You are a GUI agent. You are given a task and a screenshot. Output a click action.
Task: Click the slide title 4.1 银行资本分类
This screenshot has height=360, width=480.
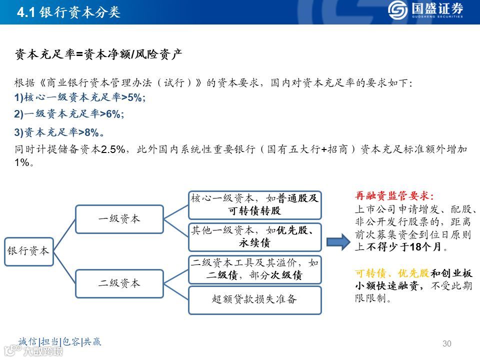click(68, 12)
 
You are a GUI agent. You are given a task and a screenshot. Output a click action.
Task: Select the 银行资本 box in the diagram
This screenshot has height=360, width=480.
click(28, 250)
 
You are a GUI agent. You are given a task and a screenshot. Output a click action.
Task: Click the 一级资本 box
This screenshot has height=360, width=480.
click(119, 218)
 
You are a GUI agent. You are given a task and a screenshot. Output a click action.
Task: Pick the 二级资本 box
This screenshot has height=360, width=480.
click(119, 283)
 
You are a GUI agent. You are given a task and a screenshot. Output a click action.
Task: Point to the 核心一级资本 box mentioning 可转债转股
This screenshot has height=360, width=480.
click(254, 204)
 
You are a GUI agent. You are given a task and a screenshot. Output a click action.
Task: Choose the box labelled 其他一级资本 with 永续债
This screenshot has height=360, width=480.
click(254, 237)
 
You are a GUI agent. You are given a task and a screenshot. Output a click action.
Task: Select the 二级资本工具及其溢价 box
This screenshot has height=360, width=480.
click(254, 269)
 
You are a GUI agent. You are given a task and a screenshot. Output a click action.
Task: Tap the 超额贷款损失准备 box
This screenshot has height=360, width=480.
click(254, 300)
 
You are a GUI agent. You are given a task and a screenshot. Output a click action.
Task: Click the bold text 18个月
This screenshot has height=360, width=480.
click(425, 247)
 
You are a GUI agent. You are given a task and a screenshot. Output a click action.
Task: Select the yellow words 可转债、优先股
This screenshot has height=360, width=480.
click(392, 273)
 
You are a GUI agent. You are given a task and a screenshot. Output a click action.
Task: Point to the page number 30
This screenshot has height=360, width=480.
click(447, 343)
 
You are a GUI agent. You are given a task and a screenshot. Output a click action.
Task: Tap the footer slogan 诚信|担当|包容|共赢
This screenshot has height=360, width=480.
click(59, 342)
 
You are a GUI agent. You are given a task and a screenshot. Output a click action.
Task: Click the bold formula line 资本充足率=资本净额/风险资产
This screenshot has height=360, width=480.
click(98, 54)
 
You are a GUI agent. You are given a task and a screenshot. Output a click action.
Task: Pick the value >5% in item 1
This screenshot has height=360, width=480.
click(133, 97)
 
